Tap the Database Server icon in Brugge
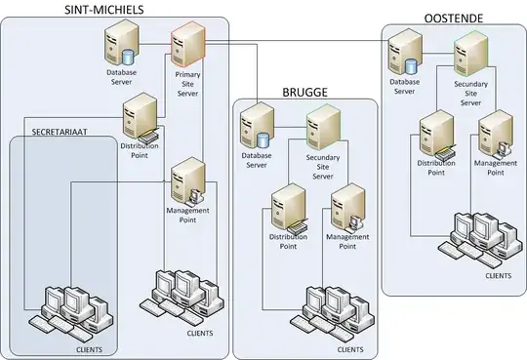257,129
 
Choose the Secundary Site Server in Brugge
321,128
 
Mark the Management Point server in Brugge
346,204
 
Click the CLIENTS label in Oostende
498,277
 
